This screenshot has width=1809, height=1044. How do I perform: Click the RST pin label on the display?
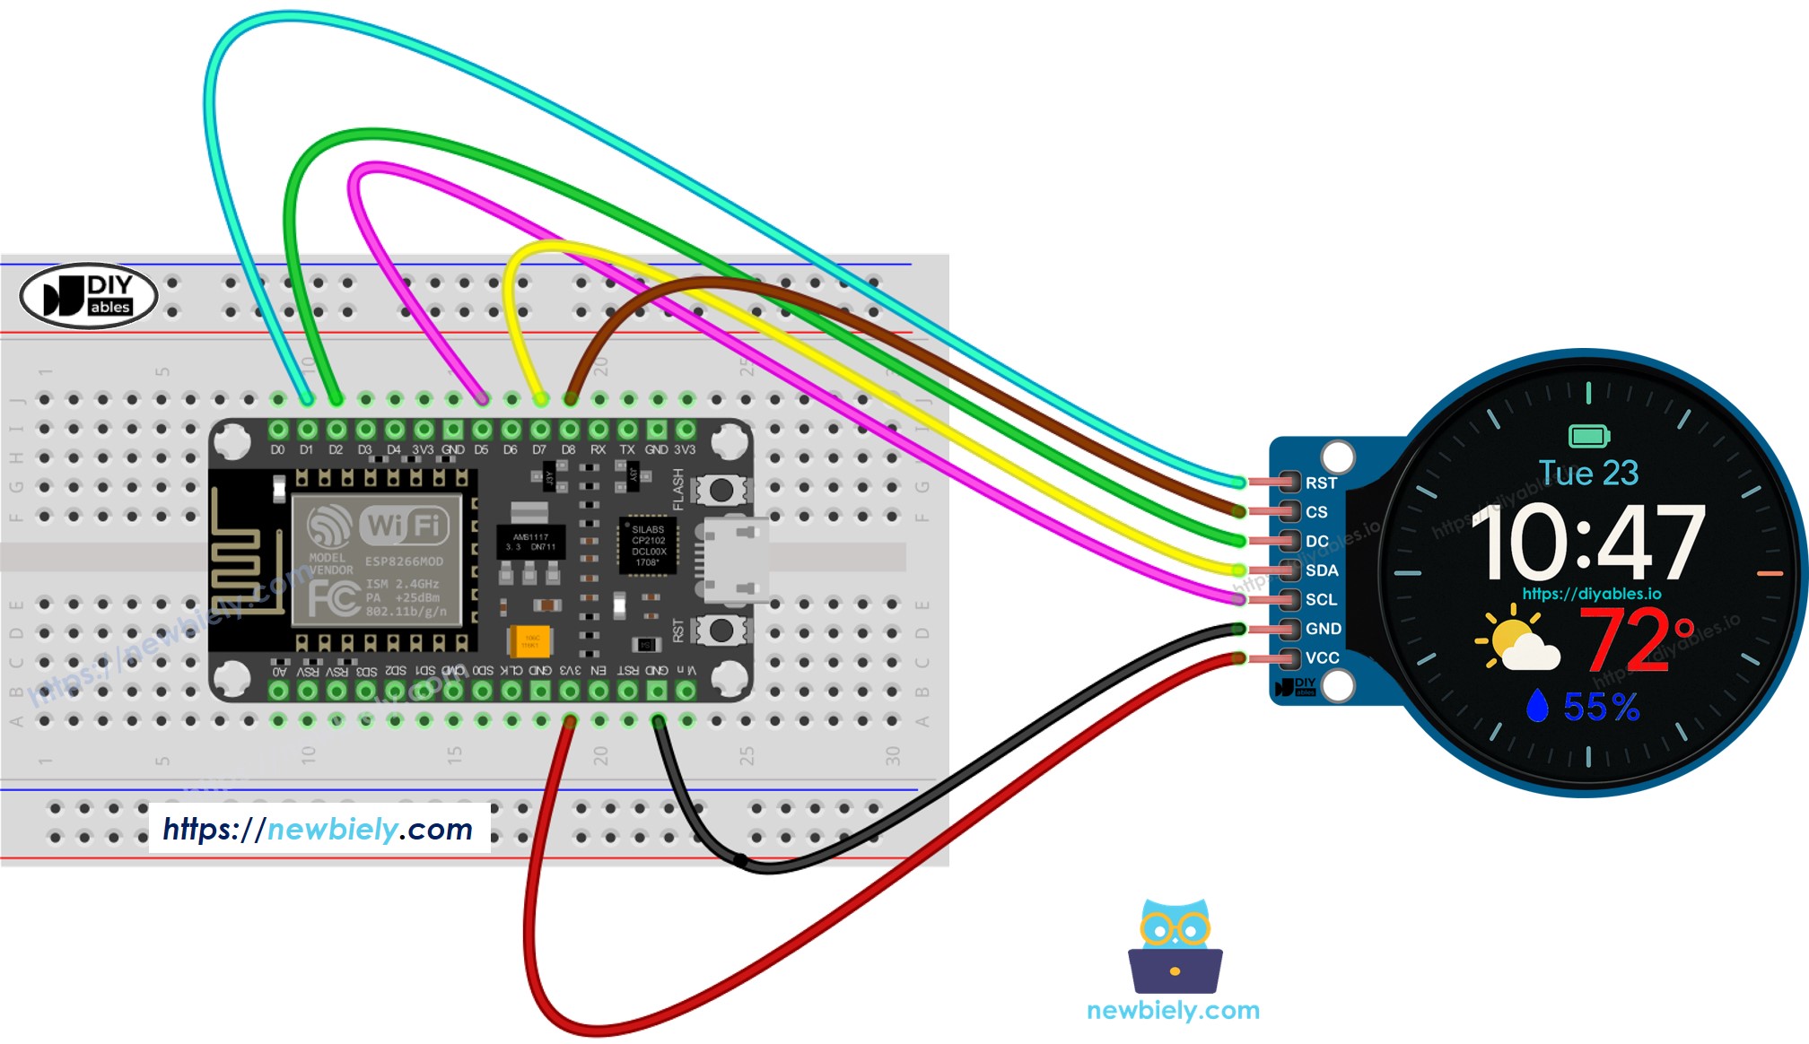click(x=1321, y=483)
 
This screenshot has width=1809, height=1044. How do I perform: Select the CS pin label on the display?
click(x=1316, y=512)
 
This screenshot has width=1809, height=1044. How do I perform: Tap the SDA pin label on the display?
click(x=1322, y=570)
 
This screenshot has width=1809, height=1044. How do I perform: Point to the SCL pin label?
click(x=1321, y=599)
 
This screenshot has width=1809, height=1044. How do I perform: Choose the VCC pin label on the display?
click(x=1322, y=657)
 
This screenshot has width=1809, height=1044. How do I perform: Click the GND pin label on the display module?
click(x=1323, y=629)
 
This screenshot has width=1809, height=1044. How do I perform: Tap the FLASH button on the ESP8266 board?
click(x=721, y=490)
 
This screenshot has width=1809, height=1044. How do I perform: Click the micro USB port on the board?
click(x=733, y=560)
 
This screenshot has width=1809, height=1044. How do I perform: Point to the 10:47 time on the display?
click(x=1587, y=542)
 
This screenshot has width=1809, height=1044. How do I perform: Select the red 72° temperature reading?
click(x=1635, y=639)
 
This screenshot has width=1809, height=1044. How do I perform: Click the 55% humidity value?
click(x=1601, y=707)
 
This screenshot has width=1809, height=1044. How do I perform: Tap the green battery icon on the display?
click(x=1588, y=437)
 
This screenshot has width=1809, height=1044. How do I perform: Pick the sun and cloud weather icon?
click(x=1517, y=639)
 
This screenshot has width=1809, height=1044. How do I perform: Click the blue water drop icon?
click(x=1537, y=706)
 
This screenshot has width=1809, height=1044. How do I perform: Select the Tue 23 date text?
click(x=1588, y=473)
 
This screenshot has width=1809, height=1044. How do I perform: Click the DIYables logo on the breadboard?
click(x=88, y=295)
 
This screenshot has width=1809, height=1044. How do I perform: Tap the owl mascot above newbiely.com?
click(x=1174, y=945)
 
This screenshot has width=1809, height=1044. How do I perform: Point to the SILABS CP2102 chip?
click(x=648, y=545)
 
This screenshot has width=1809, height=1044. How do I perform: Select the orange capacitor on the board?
click(x=529, y=641)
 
